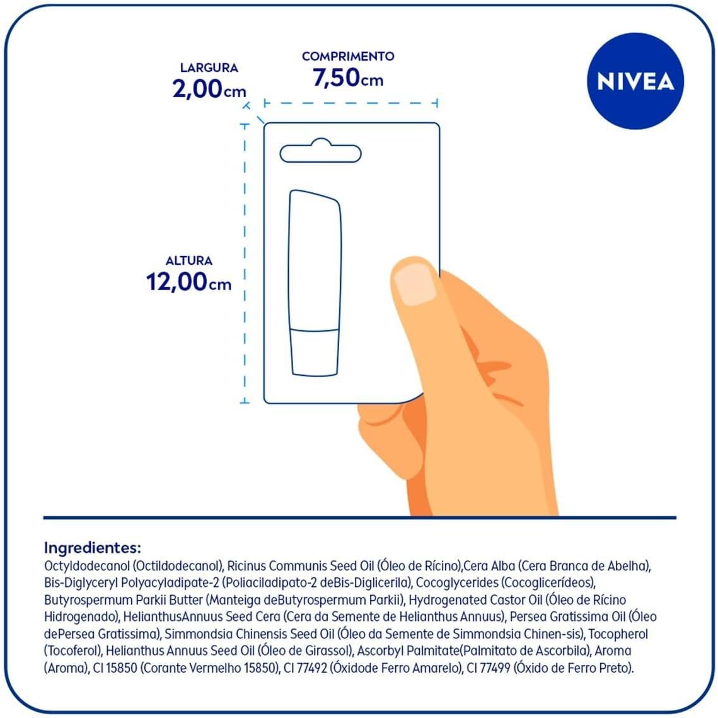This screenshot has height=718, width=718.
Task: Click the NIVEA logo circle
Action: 635,81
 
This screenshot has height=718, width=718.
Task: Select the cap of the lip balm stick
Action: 315,352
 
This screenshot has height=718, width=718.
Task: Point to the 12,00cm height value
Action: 188,282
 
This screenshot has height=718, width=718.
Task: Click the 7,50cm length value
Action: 348,78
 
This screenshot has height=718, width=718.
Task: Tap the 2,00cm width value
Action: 209,89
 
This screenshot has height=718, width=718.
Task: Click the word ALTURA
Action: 188,260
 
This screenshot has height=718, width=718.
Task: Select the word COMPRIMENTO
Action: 348,56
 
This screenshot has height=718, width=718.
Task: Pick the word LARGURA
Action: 209,67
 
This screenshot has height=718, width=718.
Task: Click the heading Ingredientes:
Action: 92,547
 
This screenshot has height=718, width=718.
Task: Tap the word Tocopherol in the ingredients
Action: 617,634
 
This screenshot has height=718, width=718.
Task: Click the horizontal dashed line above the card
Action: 350,103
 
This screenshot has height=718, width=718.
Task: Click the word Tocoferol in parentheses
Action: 73,651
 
